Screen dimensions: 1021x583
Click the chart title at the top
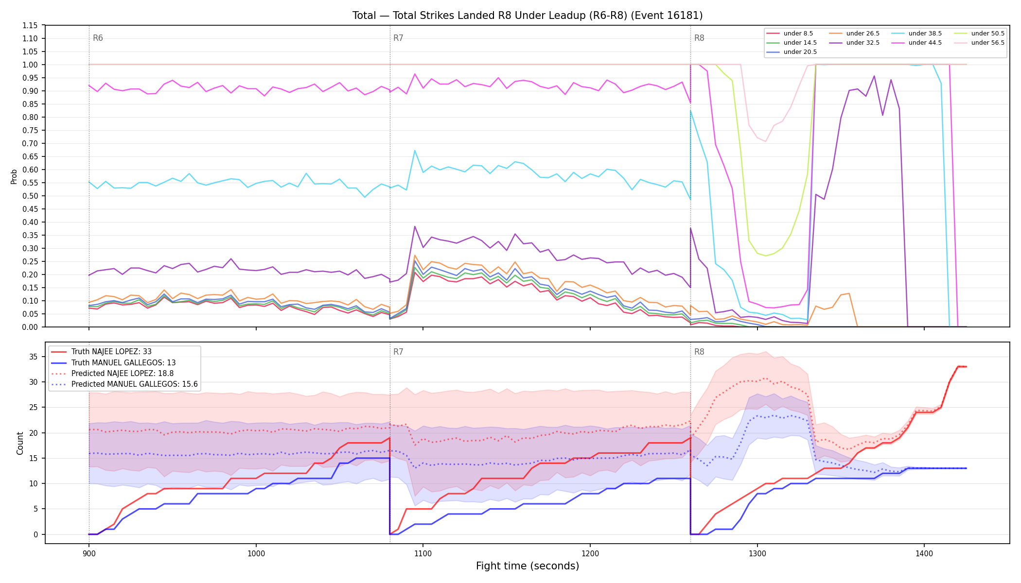[528, 16]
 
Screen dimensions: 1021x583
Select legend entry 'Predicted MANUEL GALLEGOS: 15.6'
[124, 384]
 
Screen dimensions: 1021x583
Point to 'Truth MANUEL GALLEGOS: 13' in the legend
[113, 363]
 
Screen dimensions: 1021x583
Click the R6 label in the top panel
[98, 38]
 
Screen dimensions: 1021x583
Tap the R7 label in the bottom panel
[398, 352]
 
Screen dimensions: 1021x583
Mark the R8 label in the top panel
[699, 38]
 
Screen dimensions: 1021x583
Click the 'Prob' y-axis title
[14, 176]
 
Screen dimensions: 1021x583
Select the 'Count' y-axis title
[20, 443]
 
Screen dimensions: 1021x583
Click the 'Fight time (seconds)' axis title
[528, 566]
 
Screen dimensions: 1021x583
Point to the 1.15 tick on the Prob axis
[30, 25]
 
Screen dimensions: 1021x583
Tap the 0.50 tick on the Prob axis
[30, 196]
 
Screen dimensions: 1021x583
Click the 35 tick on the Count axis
[34, 357]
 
